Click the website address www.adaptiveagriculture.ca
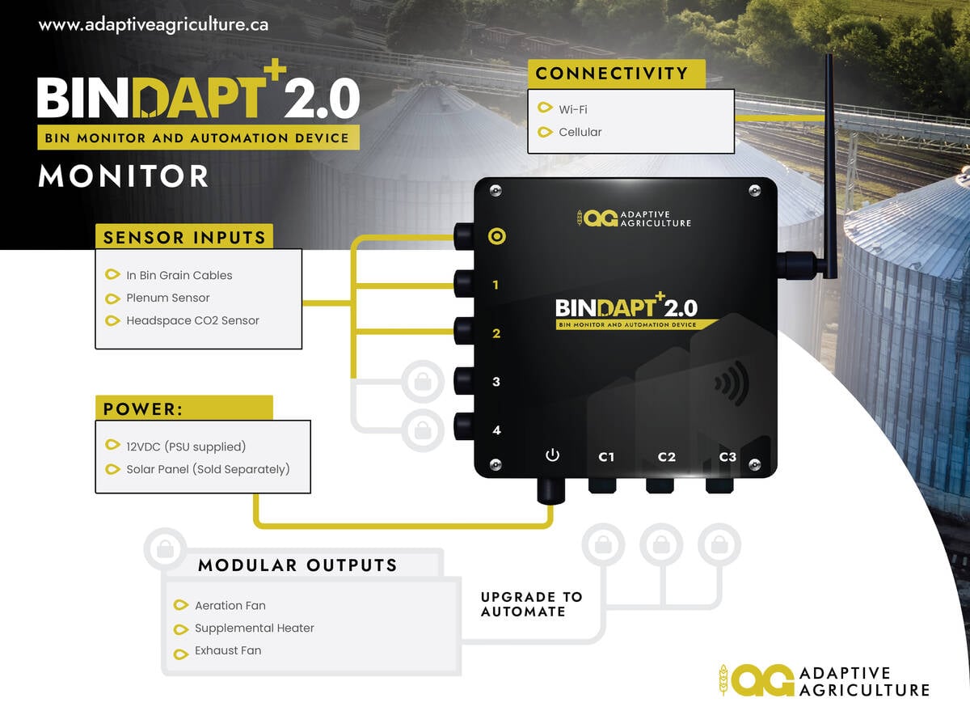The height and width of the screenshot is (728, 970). (154, 25)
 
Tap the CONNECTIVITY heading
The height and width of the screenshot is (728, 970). (611, 74)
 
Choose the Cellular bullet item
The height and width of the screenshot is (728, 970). (580, 132)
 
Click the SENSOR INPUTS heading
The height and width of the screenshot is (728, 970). (184, 238)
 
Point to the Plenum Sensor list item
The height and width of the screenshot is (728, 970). (167, 298)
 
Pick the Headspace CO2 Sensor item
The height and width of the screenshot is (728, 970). (192, 320)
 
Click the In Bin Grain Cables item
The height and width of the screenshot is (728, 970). (179, 275)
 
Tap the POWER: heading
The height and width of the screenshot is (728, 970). (140, 409)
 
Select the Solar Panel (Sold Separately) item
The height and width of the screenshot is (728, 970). (208, 469)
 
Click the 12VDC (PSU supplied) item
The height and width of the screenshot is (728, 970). (186, 447)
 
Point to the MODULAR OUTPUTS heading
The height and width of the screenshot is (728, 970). (297, 565)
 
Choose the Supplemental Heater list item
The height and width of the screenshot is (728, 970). (254, 628)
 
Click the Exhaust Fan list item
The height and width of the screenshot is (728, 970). (227, 650)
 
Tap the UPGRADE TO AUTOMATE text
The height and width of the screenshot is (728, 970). (531, 604)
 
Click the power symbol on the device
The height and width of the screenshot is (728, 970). (553, 455)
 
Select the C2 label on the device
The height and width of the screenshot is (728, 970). (666, 457)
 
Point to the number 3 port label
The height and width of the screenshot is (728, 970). (496, 382)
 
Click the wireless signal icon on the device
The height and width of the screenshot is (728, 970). (732, 383)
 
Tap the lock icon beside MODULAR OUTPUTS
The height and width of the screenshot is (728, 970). (165, 549)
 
